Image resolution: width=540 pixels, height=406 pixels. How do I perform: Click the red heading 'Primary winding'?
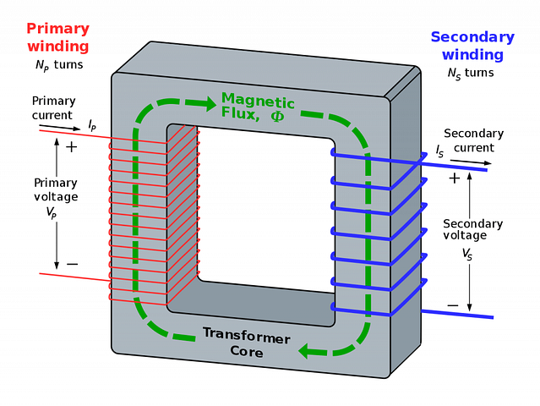click(x=58, y=37)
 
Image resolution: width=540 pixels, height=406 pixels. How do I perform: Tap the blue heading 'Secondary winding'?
click(x=472, y=46)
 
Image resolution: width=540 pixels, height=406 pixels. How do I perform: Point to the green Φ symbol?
click(x=277, y=116)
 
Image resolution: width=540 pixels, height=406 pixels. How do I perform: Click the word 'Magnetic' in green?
click(x=258, y=101)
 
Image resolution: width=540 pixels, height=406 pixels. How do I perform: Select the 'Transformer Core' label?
click(x=247, y=342)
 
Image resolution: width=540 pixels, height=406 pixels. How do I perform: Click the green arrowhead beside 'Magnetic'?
click(x=210, y=102)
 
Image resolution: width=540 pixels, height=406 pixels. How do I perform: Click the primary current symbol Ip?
click(x=92, y=125)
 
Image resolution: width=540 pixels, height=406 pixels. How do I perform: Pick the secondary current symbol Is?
click(x=439, y=151)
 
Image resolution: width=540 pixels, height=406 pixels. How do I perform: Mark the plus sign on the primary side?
click(x=71, y=147)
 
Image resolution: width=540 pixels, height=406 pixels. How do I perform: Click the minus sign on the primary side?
click(x=73, y=264)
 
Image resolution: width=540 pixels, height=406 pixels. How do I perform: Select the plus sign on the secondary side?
click(x=455, y=178)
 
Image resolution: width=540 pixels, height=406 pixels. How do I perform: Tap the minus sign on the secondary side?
click(x=453, y=305)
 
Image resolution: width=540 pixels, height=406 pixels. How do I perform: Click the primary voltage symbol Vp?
click(x=52, y=212)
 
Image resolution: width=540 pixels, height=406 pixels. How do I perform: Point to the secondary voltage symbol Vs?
click(x=467, y=255)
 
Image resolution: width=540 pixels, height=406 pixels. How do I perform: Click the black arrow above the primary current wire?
click(x=60, y=127)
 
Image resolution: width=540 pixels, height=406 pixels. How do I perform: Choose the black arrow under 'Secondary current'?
click(x=471, y=162)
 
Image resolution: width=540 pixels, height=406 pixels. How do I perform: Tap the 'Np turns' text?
click(x=59, y=65)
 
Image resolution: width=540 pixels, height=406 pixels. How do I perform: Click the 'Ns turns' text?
click(x=471, y=73)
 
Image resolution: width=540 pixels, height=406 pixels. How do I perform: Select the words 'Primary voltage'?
click(x=56, y=189)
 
